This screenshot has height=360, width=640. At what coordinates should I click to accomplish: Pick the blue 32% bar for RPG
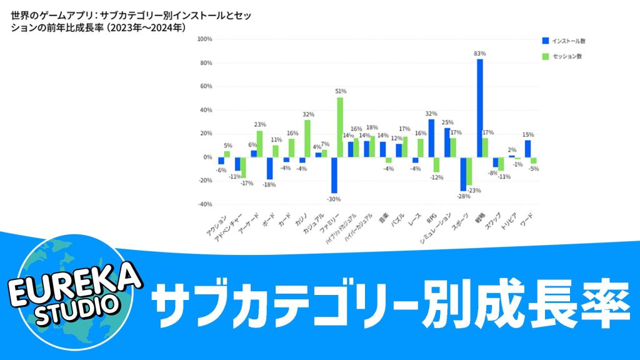tap(431, 138)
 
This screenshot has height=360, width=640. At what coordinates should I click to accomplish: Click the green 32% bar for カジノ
tap(307, 138)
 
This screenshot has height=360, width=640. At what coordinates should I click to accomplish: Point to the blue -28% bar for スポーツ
tap(463, 174)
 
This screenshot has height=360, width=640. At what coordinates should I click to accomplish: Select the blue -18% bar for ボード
tap(269, 168)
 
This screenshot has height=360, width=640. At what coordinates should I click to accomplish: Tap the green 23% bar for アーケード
tap(259, 144)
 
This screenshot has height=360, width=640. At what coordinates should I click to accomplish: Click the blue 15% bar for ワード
tap(527, 148)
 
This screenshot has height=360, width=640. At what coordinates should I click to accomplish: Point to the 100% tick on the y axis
tap(204, 39)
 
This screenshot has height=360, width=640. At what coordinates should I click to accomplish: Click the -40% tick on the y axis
tap(204, 204)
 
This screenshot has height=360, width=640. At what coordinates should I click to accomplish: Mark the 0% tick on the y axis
tap(207, 157)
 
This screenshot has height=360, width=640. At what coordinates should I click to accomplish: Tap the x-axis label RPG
tap(431, 219)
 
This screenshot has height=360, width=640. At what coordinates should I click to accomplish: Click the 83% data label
tap(480, 54)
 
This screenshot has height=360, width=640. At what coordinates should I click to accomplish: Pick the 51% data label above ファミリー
tap(341, 91)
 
